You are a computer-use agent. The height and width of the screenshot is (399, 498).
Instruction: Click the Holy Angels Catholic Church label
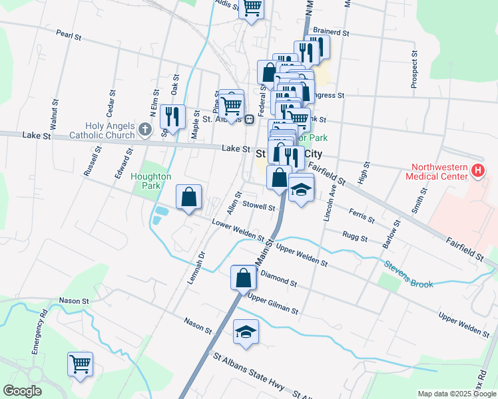[109, 131]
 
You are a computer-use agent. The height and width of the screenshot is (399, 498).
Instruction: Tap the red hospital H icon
[477, 172]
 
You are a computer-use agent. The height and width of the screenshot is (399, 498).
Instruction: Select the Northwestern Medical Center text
[440, 172]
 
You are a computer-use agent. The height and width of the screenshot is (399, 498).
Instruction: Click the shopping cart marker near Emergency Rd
[80, 364]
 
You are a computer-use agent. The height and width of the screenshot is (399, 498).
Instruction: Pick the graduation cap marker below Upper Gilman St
[246, 332]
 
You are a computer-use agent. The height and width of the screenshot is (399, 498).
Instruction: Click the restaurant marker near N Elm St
[172, 117]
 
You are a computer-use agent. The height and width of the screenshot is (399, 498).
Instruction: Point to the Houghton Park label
[151, 181]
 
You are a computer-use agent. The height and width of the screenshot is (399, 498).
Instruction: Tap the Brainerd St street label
[331, 31]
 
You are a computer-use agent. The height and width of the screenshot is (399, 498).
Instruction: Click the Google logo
[22, 391]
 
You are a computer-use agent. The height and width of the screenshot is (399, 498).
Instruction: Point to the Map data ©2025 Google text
[456, 394]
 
